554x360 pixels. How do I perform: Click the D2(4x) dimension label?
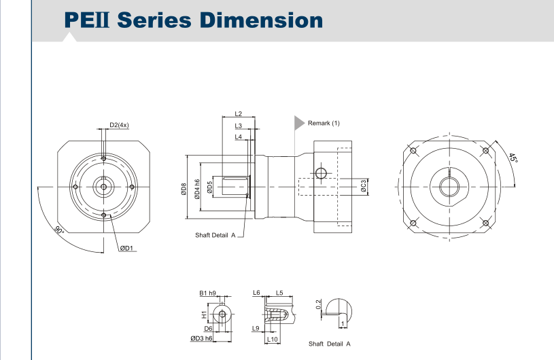(x=119, y=125)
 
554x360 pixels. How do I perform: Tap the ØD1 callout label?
(x=127, y=248)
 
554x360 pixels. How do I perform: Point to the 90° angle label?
(x=60, y=230)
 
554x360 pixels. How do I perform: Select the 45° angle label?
(x=513, y=158)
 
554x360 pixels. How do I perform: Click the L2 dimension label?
(x=238, y=113)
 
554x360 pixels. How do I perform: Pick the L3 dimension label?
(x=238, y=126)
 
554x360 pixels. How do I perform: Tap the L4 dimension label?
(x=238, y=137)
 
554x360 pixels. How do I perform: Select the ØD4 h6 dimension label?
(x=197, y=188)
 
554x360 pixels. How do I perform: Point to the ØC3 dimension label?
(x=364, y=185)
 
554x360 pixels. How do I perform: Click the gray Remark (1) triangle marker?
(x=298, y=123)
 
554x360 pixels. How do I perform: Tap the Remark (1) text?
(x=324, y=123)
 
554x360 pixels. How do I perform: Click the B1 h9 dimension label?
(x=207, y=293)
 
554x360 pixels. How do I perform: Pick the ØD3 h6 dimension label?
(x=201, y=338)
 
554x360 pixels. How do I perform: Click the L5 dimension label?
(x=279, y=293)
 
